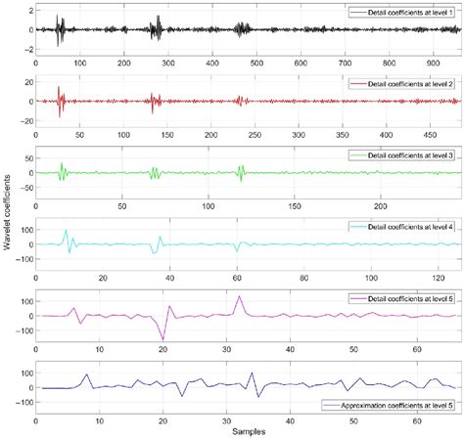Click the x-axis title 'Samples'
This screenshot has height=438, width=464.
[x=248, y=431]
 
